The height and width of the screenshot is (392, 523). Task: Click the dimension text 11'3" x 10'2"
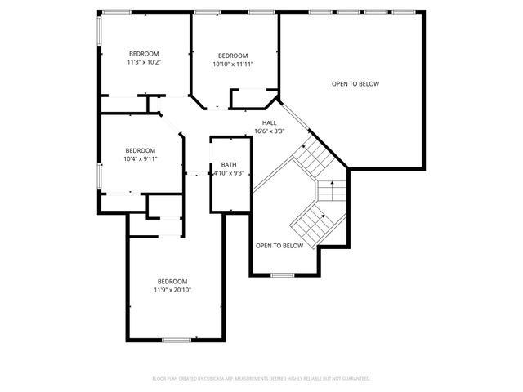coord(143,62)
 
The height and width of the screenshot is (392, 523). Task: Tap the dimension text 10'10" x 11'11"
coord(233,64)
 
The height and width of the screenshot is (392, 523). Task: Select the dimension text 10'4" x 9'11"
coord(140,159)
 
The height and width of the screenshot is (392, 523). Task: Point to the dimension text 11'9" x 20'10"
coord(172,290)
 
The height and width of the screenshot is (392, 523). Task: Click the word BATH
coord(228,165)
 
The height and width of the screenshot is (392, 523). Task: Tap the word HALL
coord(269,122)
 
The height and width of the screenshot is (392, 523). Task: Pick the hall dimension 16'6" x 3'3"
coord(269,131)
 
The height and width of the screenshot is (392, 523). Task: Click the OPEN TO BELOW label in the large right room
coord(355,84)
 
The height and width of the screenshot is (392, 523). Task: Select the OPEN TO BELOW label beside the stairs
coord(279,246)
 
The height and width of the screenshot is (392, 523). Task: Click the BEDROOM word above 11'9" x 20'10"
coord(172,282)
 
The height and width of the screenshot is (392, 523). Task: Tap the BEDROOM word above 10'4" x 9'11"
coord(140,150)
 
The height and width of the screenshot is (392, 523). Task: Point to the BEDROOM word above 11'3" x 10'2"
coord(143,54)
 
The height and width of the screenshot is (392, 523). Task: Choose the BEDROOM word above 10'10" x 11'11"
coord(233,56)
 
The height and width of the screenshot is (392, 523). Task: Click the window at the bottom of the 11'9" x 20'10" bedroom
coord(175,340)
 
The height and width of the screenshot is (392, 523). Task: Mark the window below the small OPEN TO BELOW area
coord(282,275)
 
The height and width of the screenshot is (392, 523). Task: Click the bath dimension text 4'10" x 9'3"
coord(228,173)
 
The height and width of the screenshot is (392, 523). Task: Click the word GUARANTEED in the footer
coord(353,379)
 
